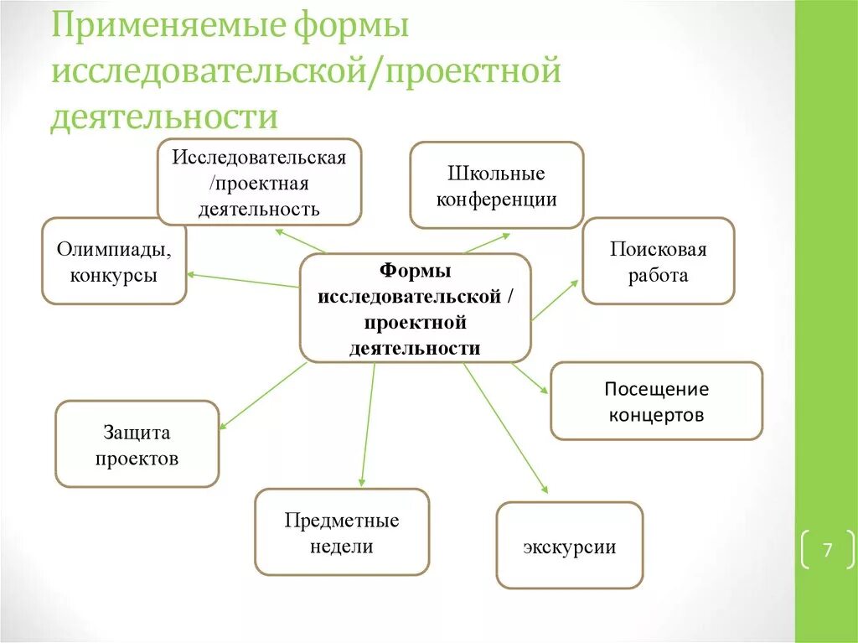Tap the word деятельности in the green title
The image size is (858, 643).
point(163,117)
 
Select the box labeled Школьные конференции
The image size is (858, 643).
point(496,185)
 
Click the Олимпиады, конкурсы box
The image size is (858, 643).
point(114,261)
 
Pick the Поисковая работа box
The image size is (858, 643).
point(658,261)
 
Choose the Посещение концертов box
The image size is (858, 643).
point(656,401)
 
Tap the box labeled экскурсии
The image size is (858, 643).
point(569,546)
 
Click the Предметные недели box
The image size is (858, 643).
point(341,532)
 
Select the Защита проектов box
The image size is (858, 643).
point(137,444)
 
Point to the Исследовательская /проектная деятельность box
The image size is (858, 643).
point(259,182)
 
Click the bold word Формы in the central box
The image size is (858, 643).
point(415,271)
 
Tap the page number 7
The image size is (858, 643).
point(826,550)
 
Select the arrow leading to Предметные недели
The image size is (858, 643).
point(367,424)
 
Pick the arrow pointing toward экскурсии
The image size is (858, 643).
point(505,428)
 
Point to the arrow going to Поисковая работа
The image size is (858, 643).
point(555,300)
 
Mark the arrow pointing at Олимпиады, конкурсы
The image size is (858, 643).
point(243,280)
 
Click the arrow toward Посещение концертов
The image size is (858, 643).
point(530,377)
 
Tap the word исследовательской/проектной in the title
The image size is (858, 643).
point(305,72)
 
